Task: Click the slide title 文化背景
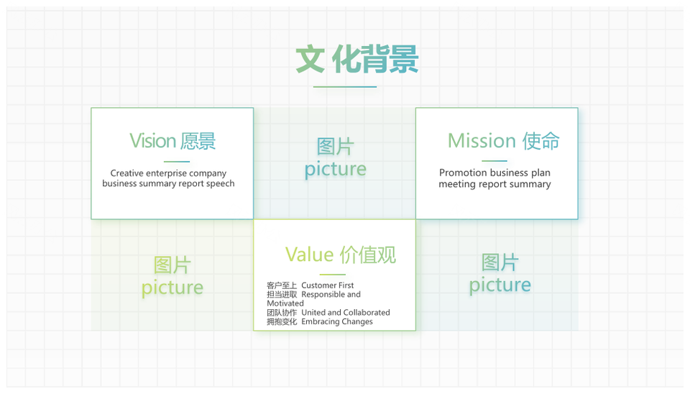click(x=357, y=59)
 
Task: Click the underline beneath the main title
click(x=345, y=87)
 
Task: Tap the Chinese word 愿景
click(x=198, y=142)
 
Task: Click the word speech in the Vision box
click(x=220, y=183)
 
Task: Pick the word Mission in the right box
click(x=482, y=141)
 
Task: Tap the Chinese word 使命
click(x=540, y=141)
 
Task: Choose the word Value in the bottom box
click(x=309, y=255)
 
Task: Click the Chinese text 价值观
click(x=368, y=255)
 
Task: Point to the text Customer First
click(x=328, y=285)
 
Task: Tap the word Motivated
click(x=285, y=303)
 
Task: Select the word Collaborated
click(x=367, y=313)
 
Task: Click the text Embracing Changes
click(x=337, y=322)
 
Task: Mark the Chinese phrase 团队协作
click(x=282, y=313)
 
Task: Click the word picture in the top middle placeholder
click(x=336, y=170)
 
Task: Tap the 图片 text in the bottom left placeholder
click(x=172, y=265)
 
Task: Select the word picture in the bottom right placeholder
click(x=500, y=285)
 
